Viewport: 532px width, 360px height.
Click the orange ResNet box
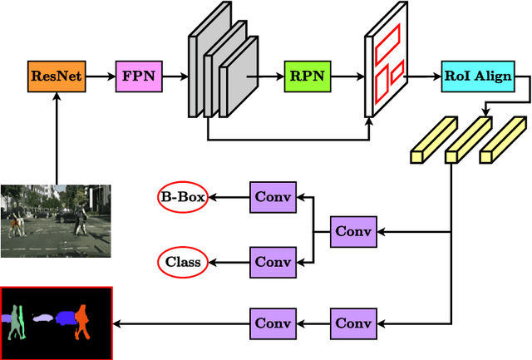coord(56,76)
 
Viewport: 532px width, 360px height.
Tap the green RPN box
coord(308,76)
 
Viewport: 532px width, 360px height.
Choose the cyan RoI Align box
coord(476,76)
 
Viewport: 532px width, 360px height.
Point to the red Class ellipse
coord(182,263)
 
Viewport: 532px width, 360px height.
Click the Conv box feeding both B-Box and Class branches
coord(354,230)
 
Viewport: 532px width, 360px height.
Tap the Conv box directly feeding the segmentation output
coord(273,323)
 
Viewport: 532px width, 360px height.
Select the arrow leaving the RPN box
coord(347,76)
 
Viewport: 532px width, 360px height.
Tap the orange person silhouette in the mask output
coord(81,321)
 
